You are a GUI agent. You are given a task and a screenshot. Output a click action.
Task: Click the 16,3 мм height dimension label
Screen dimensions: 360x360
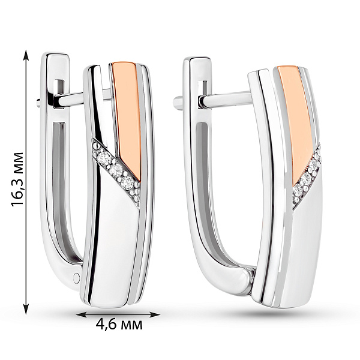18,179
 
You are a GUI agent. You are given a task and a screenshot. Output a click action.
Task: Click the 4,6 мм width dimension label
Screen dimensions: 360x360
119,325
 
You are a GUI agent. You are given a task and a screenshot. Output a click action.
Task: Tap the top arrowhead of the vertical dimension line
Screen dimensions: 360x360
26,56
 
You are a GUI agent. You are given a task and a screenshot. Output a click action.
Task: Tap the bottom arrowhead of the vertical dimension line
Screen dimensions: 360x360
26,308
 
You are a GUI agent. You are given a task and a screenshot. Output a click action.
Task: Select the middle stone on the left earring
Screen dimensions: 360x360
115,170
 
